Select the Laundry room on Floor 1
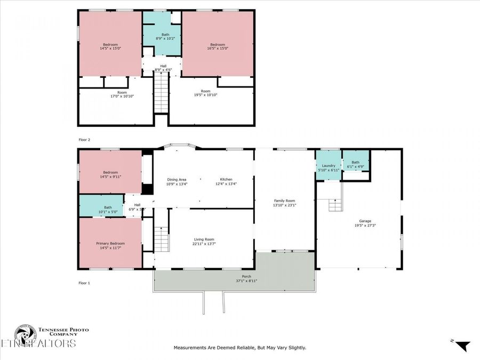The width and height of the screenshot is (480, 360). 328,166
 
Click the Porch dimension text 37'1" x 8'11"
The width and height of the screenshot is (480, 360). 246,281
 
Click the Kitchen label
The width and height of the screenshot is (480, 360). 226,179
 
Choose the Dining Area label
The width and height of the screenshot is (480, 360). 177,179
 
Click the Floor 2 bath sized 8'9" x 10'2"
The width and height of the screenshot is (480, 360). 162,35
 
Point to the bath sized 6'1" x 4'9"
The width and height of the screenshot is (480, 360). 355,163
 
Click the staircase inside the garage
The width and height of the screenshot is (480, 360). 334,204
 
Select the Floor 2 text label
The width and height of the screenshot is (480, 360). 85,139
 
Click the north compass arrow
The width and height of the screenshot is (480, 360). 463,346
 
